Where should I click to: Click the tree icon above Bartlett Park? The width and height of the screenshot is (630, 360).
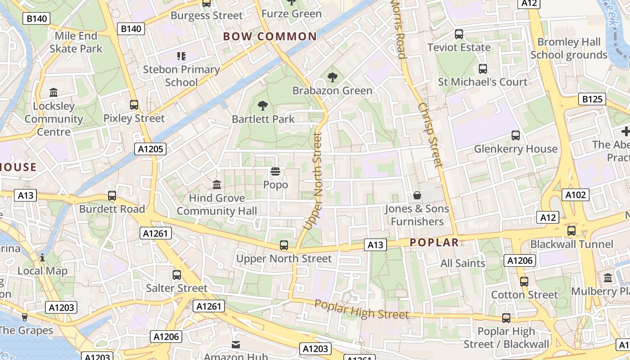(x=263, y=106)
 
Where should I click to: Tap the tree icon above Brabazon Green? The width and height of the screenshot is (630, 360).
(x=333, y=77)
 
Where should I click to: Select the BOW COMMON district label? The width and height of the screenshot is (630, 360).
(x=270, y=36)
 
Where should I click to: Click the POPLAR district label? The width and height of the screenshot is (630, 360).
(x=434, y=243)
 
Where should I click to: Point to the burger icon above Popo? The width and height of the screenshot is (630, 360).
(x=275, y=171)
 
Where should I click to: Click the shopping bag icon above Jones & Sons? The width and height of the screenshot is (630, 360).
(x=417, y=195)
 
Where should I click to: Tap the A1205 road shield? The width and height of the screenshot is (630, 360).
(x=150, y=149)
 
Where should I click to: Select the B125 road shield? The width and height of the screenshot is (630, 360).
(x=592, y=99)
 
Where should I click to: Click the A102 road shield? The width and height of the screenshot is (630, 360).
(x=575, y=195)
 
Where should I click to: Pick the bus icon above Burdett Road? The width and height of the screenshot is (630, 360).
(x=112, y=196)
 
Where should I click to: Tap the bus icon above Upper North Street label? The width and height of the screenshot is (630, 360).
(x=284, y=245)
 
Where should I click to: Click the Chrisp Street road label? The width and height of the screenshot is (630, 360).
(x=431, y=135)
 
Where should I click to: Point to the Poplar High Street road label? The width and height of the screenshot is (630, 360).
(x=361, y=310)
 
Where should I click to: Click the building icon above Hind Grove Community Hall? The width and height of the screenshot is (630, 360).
(x=217, y=184)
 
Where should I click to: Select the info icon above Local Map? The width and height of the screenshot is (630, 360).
(x=42, y=257)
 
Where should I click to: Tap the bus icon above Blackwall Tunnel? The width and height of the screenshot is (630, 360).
(x=571, y=231)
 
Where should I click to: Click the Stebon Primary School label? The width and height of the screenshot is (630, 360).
(x=181, y=76)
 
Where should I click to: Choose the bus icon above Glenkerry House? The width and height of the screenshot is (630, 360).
(x=516, y=135)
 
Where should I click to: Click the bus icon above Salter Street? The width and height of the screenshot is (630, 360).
(x=177, y=274)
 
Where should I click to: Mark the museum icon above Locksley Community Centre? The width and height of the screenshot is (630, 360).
(x=54, y=93)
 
